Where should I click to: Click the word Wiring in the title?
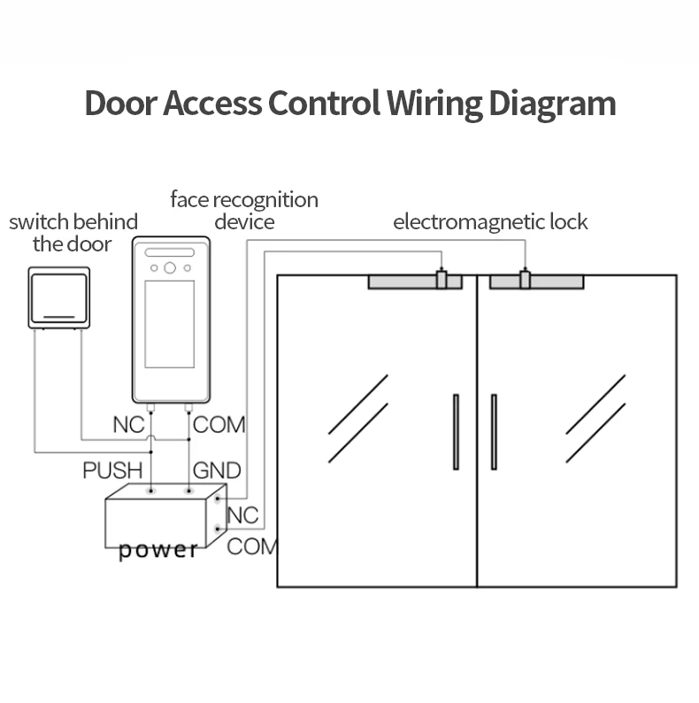click(432, 104)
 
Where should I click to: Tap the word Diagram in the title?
click(552, 104)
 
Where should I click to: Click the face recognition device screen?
click(170, 324)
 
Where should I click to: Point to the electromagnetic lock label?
click(490, 221)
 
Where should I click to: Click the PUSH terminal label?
click(112, 469)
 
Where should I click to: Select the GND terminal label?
click(217, 469)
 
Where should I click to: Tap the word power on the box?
click(158, 550)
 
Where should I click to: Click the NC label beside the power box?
click(242, 514)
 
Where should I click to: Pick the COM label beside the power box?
click(251, 546)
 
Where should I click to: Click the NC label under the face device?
click(128, 424)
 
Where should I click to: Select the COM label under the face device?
click(219, 424)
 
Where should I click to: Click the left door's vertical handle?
click(456, 432)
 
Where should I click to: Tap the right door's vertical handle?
click(494, 432)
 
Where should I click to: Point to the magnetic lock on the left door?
click(414, 282)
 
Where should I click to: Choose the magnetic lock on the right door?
click(536, 282)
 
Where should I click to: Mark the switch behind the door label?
click(73, 232)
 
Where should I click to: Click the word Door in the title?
click(121, 104)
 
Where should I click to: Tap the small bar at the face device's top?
click(170, 252)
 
